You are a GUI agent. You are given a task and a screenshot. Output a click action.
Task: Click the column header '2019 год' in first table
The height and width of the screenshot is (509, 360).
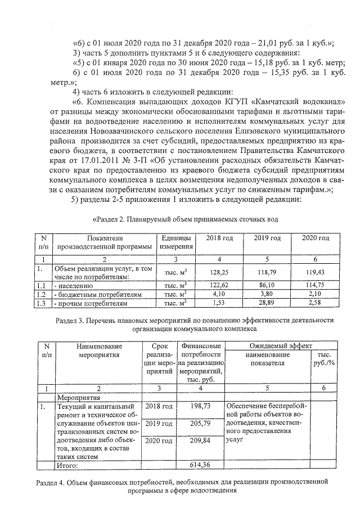pos(267,238)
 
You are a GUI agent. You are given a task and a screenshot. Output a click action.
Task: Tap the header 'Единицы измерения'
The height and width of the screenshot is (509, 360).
pos(175,243)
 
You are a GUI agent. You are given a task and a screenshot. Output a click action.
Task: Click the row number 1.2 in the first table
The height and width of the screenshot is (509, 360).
pos(41,294)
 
